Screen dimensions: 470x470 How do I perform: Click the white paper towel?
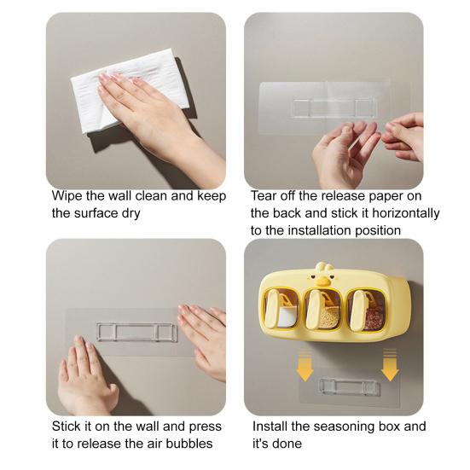click(x=129, y=90)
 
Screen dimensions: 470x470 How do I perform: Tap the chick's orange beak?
click(x=322, y=281)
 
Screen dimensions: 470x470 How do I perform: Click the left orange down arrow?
click(x=305, y=365)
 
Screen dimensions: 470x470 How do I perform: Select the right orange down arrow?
click(x=390, y=365)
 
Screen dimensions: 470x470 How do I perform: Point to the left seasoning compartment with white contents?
click(x=281, y=309)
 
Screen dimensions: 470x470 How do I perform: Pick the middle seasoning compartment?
click(x=322, y=309)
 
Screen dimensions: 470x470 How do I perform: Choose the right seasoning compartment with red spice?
click(x=366, y=310)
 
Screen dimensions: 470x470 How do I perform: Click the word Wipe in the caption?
click(x=67, y=196)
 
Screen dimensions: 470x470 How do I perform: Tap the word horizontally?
click(x=406, y=213)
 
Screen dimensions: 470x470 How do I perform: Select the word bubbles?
click(x=189, y=444)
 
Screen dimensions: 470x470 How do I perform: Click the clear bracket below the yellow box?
click(x=349, y=386)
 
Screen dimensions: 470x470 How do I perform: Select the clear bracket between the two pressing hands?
click(x=137, y=332)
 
